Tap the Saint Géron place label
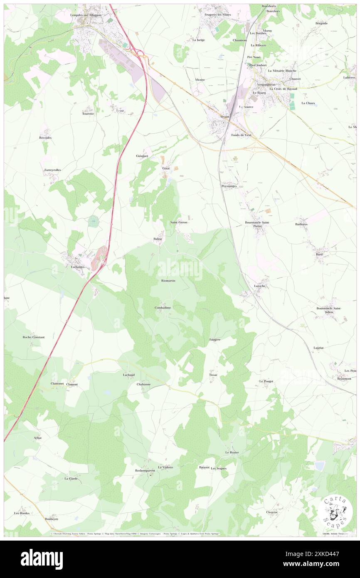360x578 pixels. point(180,223)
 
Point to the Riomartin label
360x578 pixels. point(168,282)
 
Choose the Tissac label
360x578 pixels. point(213,375)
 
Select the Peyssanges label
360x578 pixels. point(229,186)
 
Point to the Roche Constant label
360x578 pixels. point(34,337)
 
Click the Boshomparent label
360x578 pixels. point(145,470)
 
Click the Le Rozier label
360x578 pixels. point(232,452)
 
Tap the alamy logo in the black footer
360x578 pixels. point(42,559)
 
